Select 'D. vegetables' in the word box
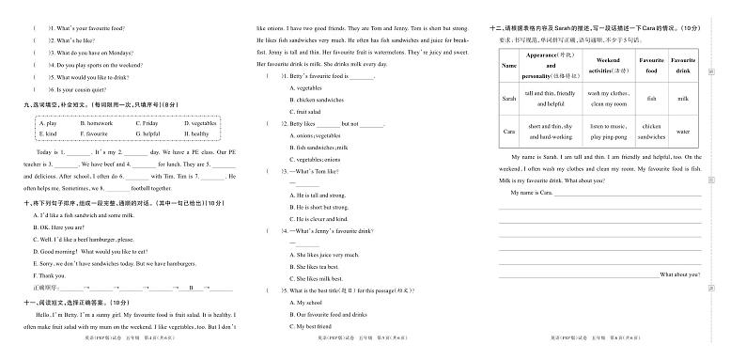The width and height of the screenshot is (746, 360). [200, 123]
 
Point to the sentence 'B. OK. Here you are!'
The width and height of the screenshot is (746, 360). [59, 227]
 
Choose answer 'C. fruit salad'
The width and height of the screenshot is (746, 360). [317, 113]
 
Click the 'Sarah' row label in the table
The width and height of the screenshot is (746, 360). [509, 98]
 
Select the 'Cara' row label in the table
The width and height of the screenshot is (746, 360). [509, 132]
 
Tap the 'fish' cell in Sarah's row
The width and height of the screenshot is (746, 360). [651, 98]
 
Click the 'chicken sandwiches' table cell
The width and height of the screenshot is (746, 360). [651, 132]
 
